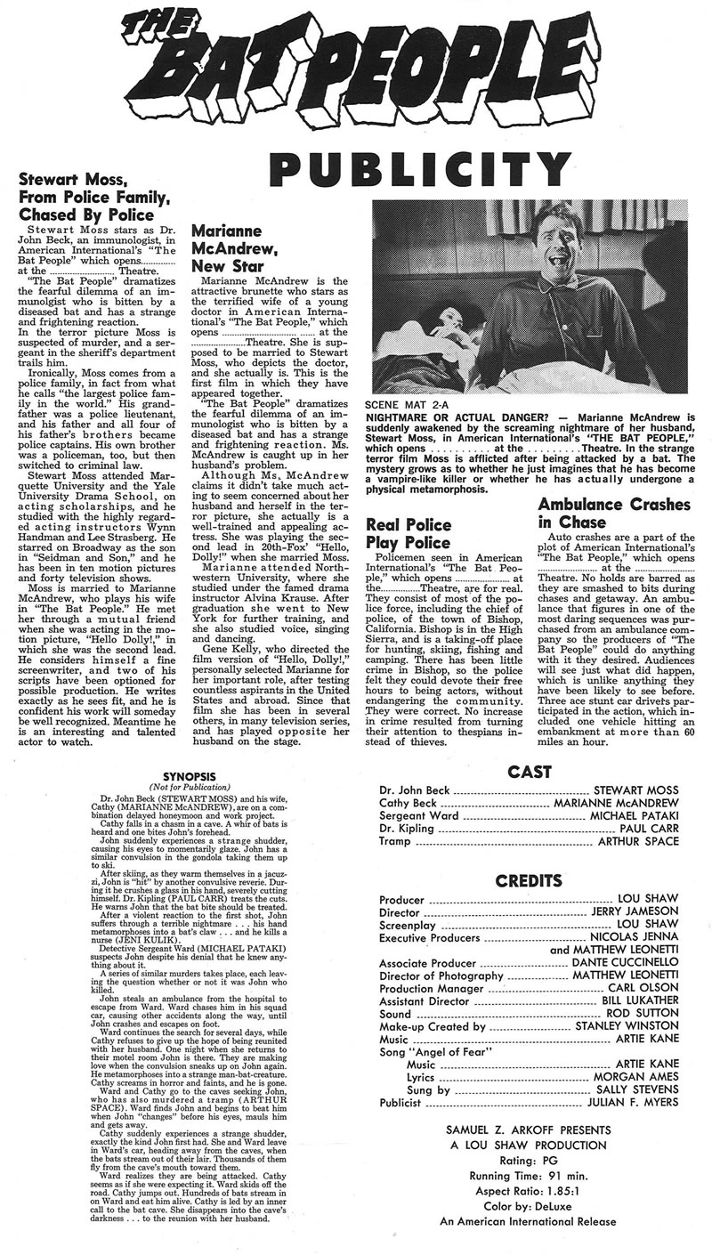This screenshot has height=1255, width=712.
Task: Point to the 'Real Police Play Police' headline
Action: tap(409, 532)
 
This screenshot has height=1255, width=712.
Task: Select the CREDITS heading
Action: tap(529, 882)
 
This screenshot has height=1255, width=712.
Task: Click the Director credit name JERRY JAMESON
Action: tap(635, 912)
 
